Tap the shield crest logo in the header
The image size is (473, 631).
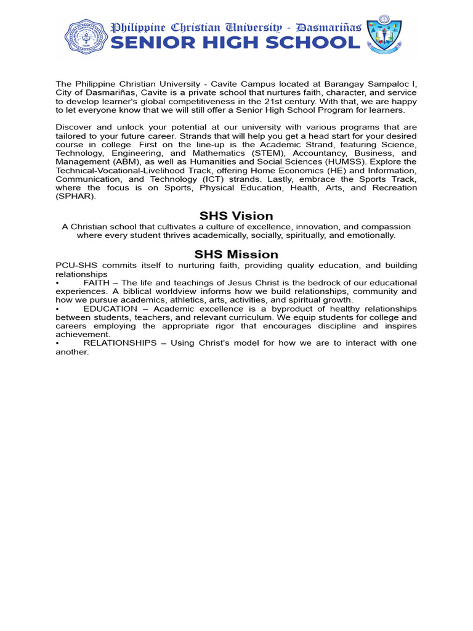click(384, 35)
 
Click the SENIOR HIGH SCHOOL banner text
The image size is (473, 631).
click(235, 43)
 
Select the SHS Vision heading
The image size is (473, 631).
click(236, 216)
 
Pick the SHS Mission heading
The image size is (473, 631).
click(236, 254)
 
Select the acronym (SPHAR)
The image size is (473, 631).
click(75, 196)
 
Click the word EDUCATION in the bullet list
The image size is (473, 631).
click(110, 309)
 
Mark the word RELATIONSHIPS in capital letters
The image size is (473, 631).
click(120, 343)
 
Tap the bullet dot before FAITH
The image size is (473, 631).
click(57, 283)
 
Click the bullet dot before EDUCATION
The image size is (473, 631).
click(57, 309)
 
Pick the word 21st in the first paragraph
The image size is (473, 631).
click(320, 101)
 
